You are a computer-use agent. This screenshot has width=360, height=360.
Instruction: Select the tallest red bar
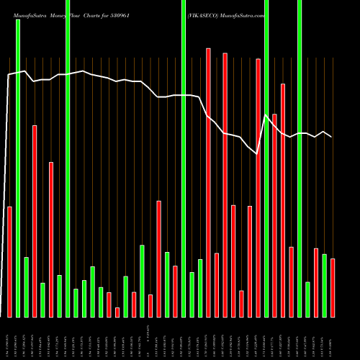click(x=208, y=182)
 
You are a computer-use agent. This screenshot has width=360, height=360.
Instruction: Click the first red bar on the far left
click(x=9, y=261)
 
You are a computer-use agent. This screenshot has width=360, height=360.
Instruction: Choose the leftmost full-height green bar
click(x=18, y=168)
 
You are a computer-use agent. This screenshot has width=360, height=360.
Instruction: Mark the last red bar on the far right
click(x=333, y=287)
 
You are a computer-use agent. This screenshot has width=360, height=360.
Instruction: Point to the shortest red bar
click(x=117, y=312)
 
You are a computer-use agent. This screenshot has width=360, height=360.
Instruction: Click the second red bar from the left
click(x=34, y=221)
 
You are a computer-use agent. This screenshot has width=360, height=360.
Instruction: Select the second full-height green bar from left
click(x=68, y=158)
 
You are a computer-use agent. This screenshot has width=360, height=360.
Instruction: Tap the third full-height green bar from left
click(x=184, y=158)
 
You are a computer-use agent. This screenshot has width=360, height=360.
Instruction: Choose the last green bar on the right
click(x=324, y=285)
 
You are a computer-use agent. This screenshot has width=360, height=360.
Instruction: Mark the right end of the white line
click(x=332, y=137)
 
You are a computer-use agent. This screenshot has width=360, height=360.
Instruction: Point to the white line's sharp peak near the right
click(x=266, y=115)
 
